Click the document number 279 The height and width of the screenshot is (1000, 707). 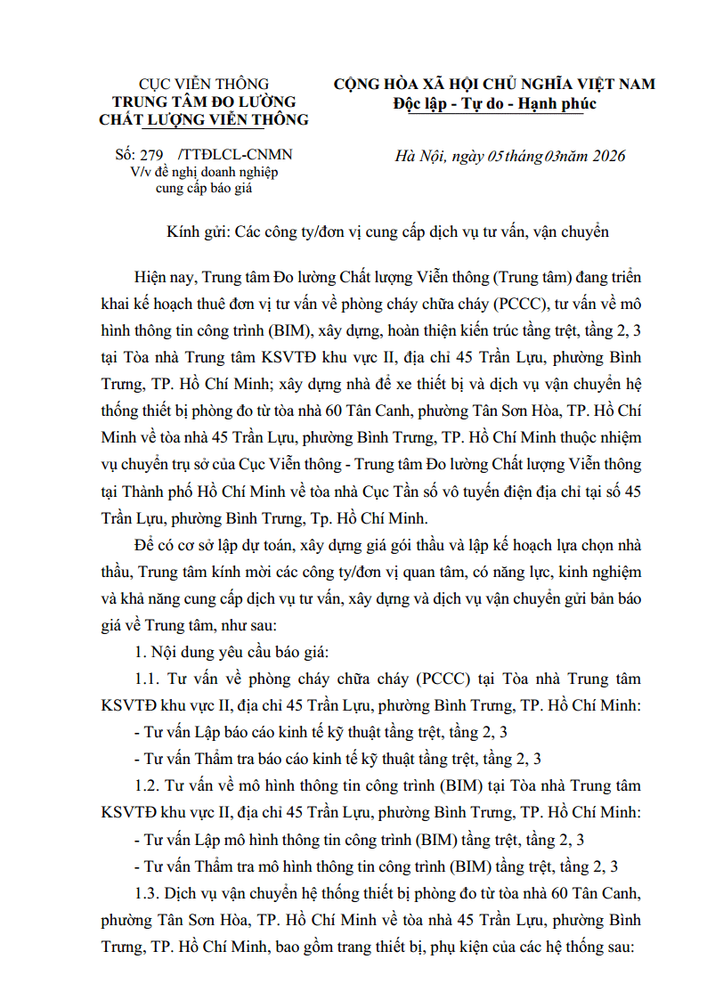click(x=152, y=155)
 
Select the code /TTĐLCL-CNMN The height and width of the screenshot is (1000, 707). click(x=235, y=155)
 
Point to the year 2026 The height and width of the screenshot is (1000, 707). click(x=606, y=157)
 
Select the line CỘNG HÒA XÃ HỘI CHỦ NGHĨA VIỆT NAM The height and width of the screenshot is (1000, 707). click(x=494, y=85)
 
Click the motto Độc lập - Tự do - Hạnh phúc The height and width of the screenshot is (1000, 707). click(x=494, y=103)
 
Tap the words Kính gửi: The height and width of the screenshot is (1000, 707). click(x=199, y=232)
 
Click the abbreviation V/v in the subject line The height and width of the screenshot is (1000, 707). click(x=140, y=171)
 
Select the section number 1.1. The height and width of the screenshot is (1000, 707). click(x=147, y=679)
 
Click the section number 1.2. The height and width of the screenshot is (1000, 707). click(x=147, y=786)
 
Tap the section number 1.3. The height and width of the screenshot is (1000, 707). click(x=147, y=894)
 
